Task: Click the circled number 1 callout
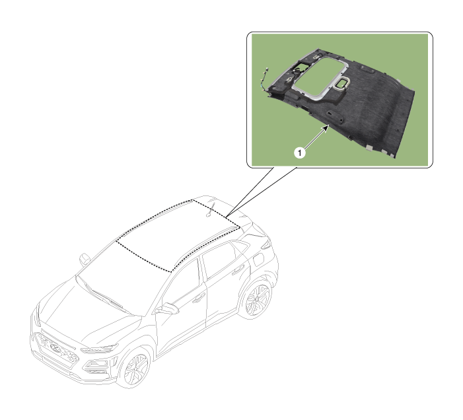300,153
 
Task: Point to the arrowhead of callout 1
326,127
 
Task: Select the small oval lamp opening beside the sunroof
342,83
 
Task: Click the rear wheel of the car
257,300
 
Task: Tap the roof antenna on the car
210,209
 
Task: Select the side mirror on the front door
167,309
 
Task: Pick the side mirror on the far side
85,259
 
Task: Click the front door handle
198,298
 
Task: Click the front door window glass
181,284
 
